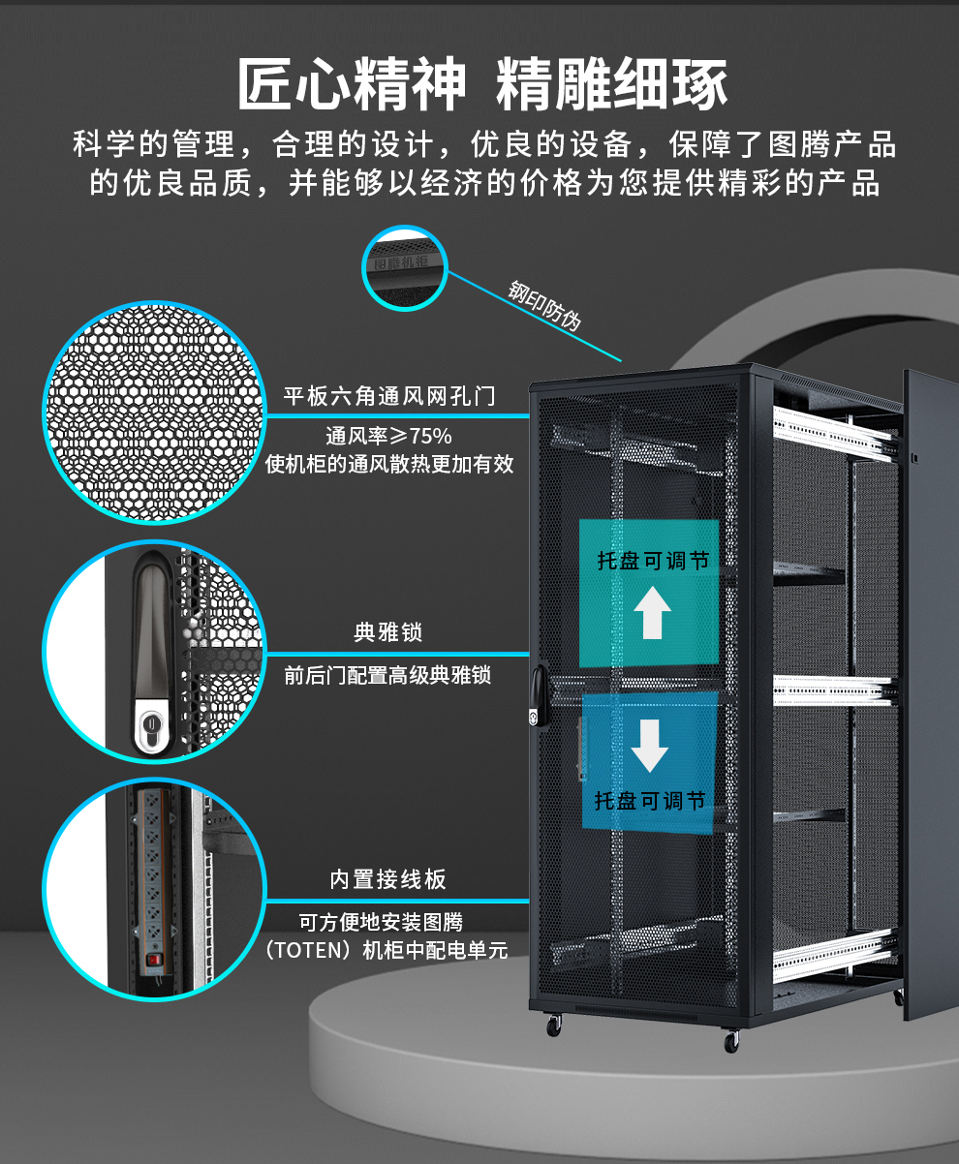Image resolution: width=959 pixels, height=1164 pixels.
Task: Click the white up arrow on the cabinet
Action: (652, 613)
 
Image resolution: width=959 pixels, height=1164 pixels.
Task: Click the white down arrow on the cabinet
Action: (650, 746)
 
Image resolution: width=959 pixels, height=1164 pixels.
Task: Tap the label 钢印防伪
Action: (544, 305)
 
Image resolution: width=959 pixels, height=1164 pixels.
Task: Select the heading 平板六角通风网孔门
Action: (389, 396)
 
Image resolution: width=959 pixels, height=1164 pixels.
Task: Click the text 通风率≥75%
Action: (388, 436)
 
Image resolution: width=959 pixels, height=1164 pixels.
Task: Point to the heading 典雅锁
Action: (388, 632)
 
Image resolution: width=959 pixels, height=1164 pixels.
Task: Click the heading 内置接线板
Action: (388, 879)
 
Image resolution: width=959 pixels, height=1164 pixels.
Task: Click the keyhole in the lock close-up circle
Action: (150, 724)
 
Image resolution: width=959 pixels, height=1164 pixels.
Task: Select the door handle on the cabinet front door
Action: (538, 694)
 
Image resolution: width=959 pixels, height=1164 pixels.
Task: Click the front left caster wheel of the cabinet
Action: (554, 1026)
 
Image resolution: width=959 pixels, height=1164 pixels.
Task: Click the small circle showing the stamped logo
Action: (405, 268)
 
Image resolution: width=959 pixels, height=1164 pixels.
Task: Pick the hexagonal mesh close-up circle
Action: (154, 413)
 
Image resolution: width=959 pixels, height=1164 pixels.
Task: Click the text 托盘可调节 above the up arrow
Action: (653, 561)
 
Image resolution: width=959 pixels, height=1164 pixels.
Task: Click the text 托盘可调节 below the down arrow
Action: (650, 801)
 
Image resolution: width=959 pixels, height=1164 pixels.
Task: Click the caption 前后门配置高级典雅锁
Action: (388, 676)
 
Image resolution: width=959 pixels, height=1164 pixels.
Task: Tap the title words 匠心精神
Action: (353, 83)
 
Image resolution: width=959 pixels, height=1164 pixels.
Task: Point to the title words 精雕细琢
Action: (611, 83)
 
